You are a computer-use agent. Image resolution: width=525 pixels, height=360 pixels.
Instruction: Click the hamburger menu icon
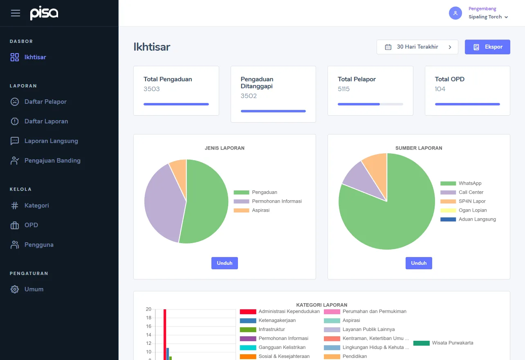[16, 13]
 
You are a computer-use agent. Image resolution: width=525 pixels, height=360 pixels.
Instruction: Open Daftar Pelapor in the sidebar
[45, 102]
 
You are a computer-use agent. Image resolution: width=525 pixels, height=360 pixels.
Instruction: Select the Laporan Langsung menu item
[51, 141]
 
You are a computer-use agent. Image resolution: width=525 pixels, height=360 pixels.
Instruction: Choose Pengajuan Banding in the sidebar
[52, 161]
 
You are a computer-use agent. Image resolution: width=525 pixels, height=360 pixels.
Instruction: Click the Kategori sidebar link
[36, 206]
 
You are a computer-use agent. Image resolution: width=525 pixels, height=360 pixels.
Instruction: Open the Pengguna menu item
[38, 245]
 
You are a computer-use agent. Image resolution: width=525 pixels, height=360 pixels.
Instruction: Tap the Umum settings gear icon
[15, 289]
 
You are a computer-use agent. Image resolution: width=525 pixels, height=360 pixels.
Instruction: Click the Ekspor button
[487, 47]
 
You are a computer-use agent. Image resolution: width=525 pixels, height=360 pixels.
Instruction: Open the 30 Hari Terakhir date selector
[417, 47]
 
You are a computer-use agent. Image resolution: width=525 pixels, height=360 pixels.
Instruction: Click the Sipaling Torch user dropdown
[488, 17]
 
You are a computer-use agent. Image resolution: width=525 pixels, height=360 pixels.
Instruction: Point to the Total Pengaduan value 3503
[152, 89]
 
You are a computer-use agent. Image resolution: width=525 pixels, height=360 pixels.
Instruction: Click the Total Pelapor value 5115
[343, 89]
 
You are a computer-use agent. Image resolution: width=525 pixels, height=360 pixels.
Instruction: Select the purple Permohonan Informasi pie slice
[162, 200]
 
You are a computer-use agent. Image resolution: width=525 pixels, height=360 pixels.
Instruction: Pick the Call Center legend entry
[471, 192]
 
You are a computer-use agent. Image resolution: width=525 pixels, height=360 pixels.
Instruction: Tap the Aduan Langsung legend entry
[477, 219]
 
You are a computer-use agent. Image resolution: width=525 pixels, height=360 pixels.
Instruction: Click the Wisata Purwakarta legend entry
[452, 343]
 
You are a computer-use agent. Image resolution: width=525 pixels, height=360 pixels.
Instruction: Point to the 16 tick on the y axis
[148, 326]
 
